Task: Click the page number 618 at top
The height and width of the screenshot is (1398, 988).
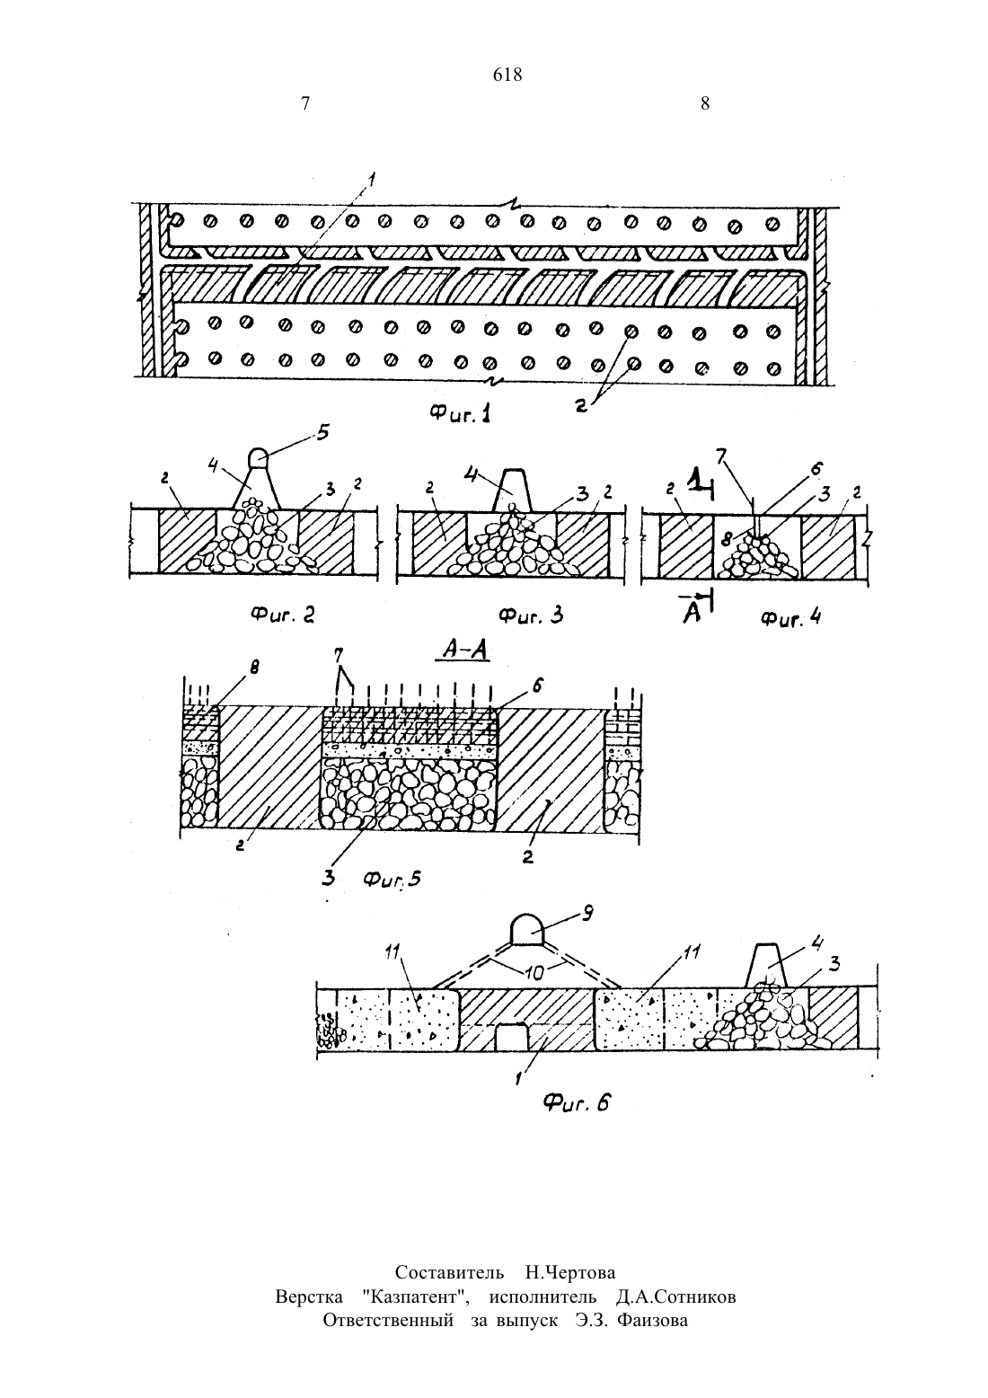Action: [507, 75]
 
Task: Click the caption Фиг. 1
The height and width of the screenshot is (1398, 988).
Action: [460, 413]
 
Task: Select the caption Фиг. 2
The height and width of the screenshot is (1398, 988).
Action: [283, 615]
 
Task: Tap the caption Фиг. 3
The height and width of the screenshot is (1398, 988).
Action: [531, 615]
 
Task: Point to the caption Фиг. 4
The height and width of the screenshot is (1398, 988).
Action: [791, 618]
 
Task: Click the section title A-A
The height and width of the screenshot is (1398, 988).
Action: [464, 650]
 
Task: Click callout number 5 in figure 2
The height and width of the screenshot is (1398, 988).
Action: [323, 432]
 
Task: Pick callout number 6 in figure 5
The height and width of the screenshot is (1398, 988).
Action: [538, 686]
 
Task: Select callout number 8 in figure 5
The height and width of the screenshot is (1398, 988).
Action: [254, 668]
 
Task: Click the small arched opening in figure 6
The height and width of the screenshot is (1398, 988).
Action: [511, 1036]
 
